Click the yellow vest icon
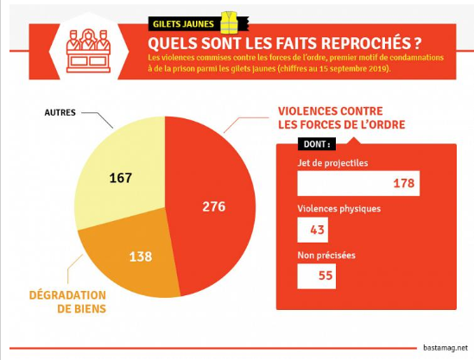(x=230, y=22)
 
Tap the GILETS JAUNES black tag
(x=183, y=24)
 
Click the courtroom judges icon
(x=88, y=51)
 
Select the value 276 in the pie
(x=214, y=206)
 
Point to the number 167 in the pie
(x=121, y=178)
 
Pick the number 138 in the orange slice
(x=141, y=256)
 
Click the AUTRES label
(x=60, y=112)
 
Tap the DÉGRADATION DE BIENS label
(x=67, y=301)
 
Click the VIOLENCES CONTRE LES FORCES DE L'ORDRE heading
(x=341, y=118)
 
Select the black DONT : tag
(x=317, y=144)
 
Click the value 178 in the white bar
(x=403, y=183)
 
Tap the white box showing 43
(x=313, y=230)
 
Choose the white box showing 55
(x=317, y=276)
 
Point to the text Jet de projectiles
(x=332, y=163)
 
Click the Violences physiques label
(x=338, y=209)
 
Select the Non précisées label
(x=326, y=256)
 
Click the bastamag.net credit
(x=446, y=348)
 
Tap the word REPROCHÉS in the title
(x=364, y=43)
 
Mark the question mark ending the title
(x=416, y=43)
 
